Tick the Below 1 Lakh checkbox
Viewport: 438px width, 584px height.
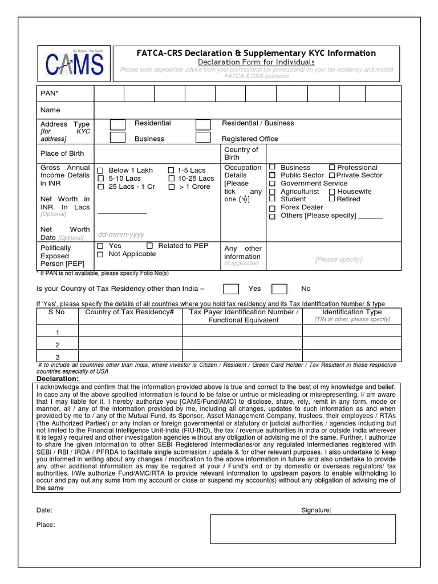tap(101, 171)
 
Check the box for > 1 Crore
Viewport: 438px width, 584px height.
tap(172, 187)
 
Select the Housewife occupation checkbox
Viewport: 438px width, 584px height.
tap(332, 192)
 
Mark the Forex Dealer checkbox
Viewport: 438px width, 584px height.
tap(273, 208)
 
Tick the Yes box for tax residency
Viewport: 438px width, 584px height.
tap(230, 289)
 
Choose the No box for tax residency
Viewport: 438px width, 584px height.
tap(279, 289)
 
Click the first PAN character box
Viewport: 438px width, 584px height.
tap(109, 93)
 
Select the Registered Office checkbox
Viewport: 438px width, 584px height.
tap(203, 137)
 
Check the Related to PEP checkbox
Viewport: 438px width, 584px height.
tap(150, 246)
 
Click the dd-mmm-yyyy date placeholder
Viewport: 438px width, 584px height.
tap(121, 234)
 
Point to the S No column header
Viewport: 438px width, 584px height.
tap(57, 313)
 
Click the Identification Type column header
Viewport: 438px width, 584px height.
tap(352, 313)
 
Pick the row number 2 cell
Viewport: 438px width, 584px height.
tap(57, 345)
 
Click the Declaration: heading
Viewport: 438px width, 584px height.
tap(58, 379)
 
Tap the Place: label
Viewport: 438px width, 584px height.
tap(46, 525)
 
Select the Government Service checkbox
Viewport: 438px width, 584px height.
tap(273, 184)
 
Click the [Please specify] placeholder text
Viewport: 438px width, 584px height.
tap(338, 259)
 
